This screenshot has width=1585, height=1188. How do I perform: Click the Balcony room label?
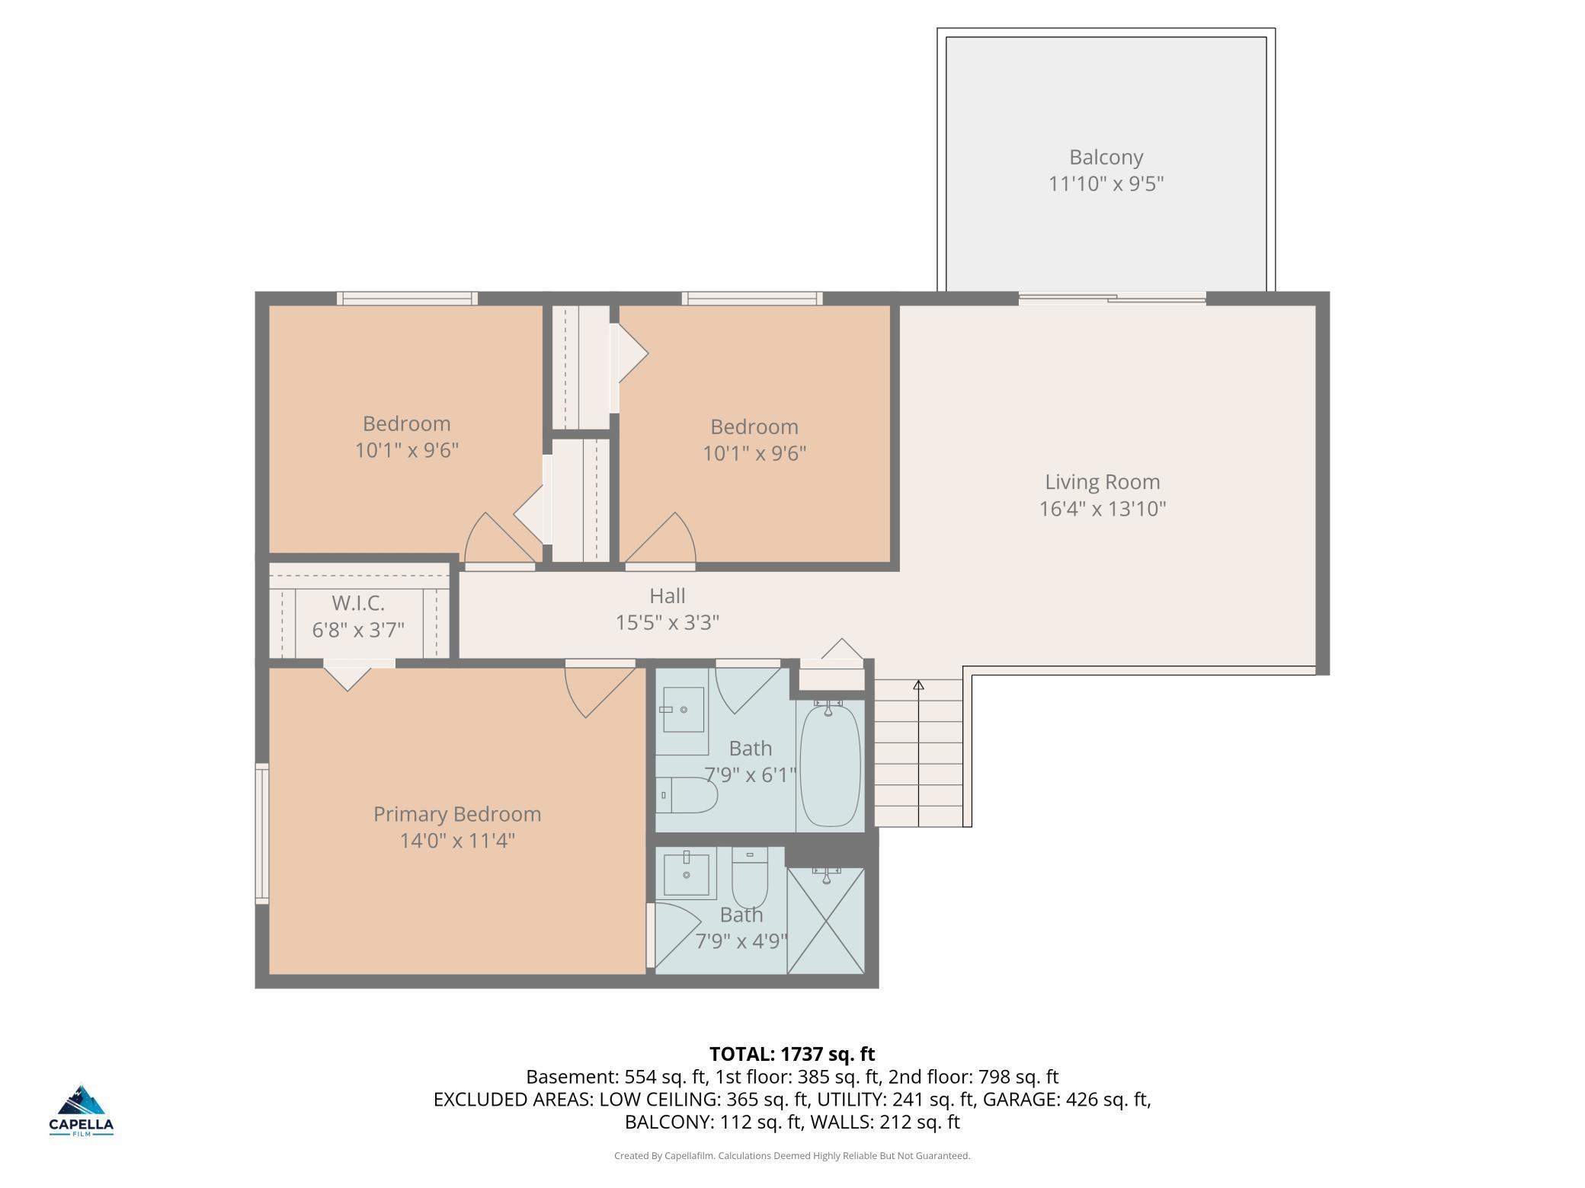(x=1106, y=158)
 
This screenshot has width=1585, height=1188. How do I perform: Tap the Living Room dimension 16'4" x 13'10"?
(x=1103, y=509)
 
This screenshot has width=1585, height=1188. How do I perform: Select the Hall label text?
(x=667, y=596)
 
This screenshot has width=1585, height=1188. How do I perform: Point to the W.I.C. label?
(x=358, y=604)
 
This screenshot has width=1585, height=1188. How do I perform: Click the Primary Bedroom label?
(x=457, y=814)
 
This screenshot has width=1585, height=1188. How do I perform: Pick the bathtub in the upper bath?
(x=831, y=765)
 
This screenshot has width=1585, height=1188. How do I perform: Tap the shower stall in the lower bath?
(x=826, y=921)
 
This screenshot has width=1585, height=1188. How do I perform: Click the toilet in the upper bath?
(x=687, y=795)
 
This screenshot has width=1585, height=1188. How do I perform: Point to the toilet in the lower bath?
(x=750, y=877)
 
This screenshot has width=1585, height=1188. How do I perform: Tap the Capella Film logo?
(x=82, y=1110)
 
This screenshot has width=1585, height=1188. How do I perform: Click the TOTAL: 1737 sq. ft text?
(x=792, y=1054)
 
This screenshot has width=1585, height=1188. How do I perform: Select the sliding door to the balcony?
(x=1112, y=299)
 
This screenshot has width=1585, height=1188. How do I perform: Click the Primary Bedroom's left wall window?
(x=261, y=834)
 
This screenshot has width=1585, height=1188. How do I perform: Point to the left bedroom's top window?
(x=408, y=299)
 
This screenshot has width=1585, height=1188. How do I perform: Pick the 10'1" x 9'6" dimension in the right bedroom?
(x=754, y=454)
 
